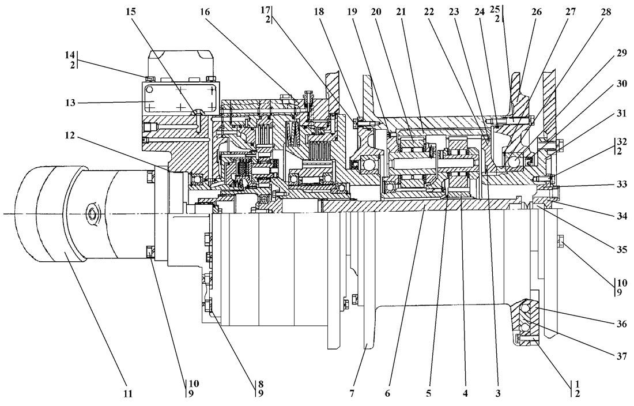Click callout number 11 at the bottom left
click(127, 394)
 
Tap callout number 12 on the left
click(70, 136)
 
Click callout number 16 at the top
click(206, 12)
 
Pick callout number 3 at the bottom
click(499, 394)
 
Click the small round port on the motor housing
click(93, 214)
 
